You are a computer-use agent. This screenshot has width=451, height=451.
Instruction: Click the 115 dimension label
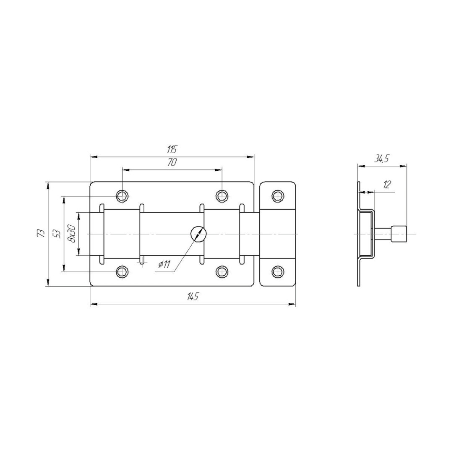tap(172, 150)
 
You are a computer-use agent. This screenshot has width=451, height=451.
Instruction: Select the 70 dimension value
tap(172, 163)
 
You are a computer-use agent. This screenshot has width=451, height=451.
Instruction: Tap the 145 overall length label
tap(193, 296)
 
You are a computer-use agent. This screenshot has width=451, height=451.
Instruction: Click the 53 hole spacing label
tap(57, 234)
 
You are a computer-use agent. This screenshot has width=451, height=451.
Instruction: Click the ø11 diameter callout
tap(164, 264)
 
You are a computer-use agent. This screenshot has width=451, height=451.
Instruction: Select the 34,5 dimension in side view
tap(382, 159)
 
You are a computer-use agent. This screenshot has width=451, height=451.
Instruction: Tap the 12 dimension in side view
tap(387, 185)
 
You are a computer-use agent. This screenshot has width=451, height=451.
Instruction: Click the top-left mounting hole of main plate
tap(122, 196)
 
